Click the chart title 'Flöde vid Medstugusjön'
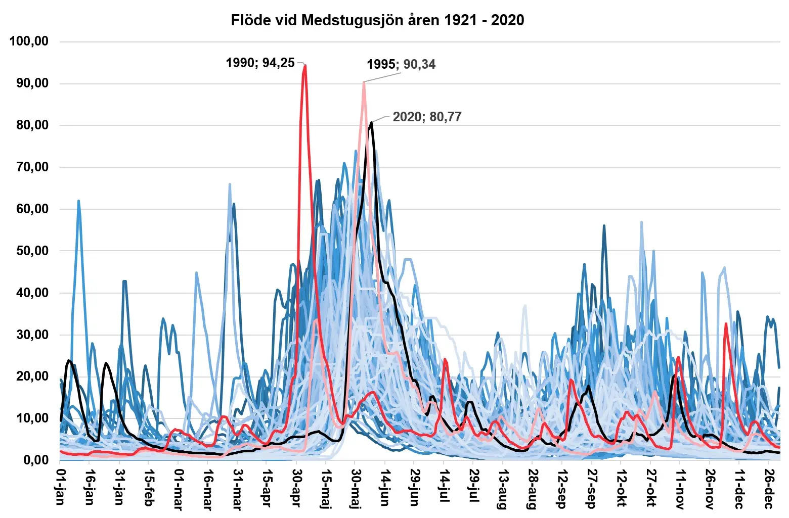377,20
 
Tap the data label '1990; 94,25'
260,63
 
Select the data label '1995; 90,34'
401,64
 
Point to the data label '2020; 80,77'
427,117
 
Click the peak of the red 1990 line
305,66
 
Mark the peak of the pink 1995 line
364,82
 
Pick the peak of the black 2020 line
372,122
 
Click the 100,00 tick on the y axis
29,41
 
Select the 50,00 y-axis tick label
31,251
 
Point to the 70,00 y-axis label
31,167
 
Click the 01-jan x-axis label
60,487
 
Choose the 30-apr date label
296,487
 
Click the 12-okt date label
621,487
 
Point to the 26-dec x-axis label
769,487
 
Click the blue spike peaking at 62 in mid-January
78,201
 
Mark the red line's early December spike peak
726,324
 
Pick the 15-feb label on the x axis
149,487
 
